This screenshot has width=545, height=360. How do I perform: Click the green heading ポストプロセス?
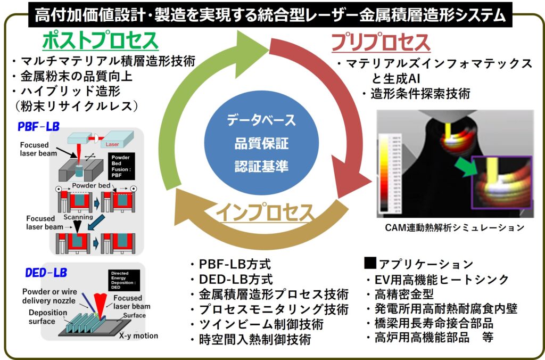(101, 40)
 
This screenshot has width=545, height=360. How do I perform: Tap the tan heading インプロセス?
(265, 212)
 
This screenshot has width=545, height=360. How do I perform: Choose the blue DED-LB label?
(46, 273)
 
